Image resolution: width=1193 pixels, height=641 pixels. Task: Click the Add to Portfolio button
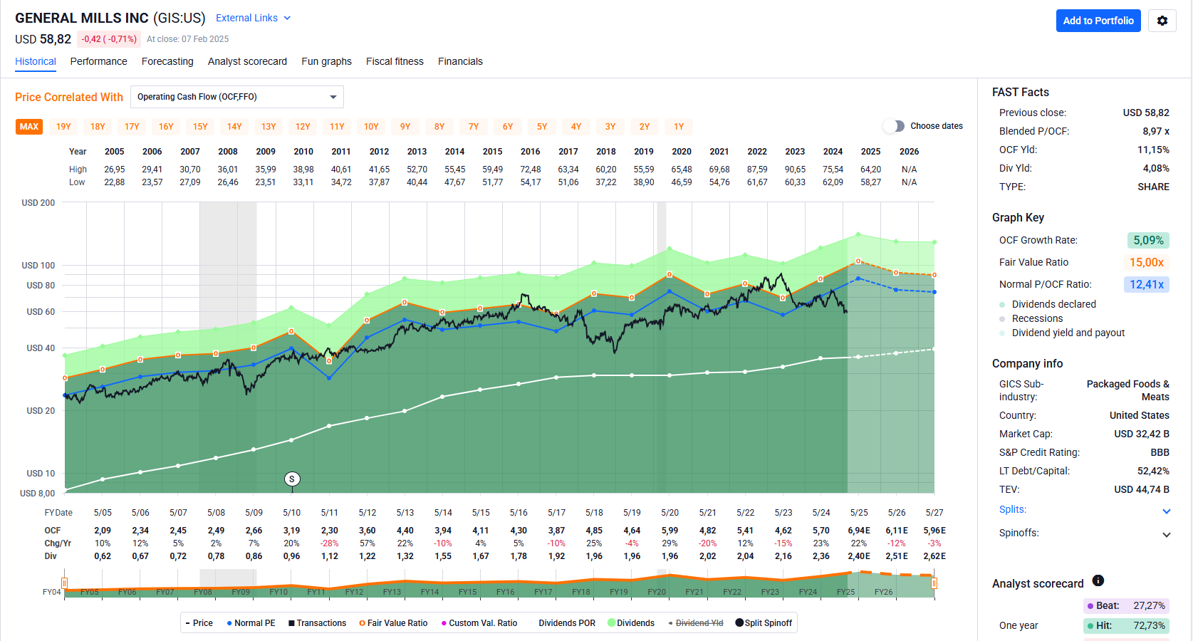click(1098, 21)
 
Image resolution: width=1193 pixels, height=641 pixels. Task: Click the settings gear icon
click(1162, 21)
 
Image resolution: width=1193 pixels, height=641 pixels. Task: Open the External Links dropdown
click(254, 18)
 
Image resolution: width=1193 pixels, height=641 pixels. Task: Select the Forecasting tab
click(167, 61)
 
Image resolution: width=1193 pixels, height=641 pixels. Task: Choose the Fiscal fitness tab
click(395, 61)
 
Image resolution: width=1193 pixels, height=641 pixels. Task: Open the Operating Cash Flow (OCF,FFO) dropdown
click(236, 97)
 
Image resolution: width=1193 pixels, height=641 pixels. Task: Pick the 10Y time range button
click(371, 127)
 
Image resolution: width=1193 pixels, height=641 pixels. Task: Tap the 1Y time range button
click(679, 127)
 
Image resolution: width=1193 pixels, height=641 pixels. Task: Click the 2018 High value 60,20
click(606, 170)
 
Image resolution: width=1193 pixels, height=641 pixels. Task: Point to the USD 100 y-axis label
click(38, 266)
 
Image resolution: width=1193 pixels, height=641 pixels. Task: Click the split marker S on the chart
click(292, 479)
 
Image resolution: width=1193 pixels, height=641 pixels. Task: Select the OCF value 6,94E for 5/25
click(859, 531)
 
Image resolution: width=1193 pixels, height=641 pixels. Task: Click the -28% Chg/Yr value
click(329, 543)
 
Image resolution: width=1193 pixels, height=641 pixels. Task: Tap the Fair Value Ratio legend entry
click(393, 623)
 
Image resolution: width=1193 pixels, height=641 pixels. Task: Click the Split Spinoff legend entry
click(764, 623)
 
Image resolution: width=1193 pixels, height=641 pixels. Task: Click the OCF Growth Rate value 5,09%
click(1148, 241)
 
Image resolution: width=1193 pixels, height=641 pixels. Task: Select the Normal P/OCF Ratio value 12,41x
click(1147, 285)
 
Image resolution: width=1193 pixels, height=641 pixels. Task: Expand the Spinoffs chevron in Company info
click(1166, 534)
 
